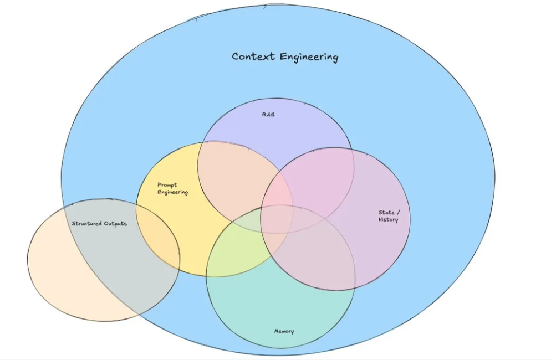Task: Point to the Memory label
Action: pos(284,331)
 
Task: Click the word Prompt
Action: pos(167,185)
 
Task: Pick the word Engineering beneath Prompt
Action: pos(172,192)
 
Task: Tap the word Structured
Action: pos(87,224)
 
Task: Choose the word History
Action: pos(389,220)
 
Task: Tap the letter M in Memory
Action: pos(277,331)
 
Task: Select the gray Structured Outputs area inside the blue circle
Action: pos(111,260)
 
